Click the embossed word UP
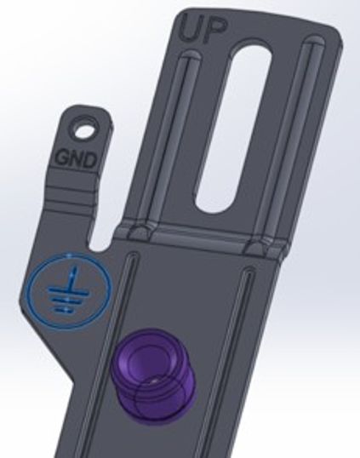[x=203, y=30]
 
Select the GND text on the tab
[x=76, y=159]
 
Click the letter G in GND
[x=61, y=157]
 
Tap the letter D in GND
[x=89, y=160]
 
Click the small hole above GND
[x=84, y=131]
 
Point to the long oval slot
[x=233, y=129]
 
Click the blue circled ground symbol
[x=70, y=291]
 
